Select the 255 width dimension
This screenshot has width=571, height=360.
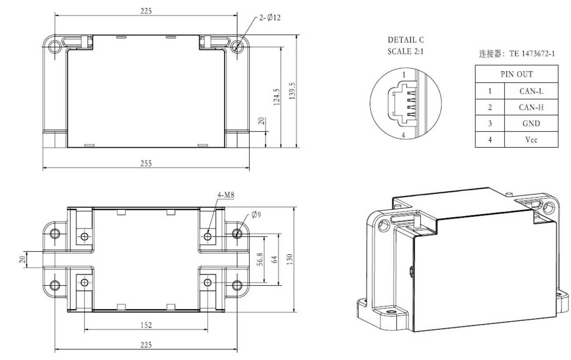[146, 163]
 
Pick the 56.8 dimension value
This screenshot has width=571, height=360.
[260, 260]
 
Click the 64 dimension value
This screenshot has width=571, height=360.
[275, 260]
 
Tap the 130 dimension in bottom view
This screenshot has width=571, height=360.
[289, 260]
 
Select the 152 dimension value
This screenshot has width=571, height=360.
[146, 325]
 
